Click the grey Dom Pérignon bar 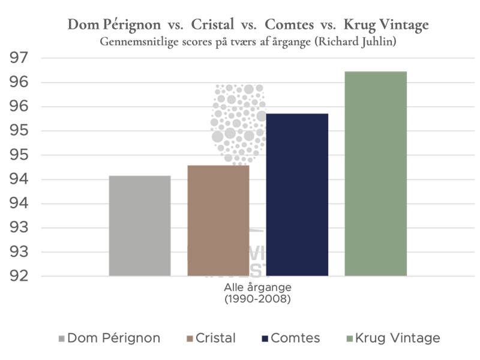tap(139, 226)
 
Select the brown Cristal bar tap(218, 220)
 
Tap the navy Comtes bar tap(297, 194)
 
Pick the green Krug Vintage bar tap(376, 173)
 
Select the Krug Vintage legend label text tap(397, 338)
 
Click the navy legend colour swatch tap(265, 338)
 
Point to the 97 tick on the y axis tap(20, 58)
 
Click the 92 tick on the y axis tap(20, 277)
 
